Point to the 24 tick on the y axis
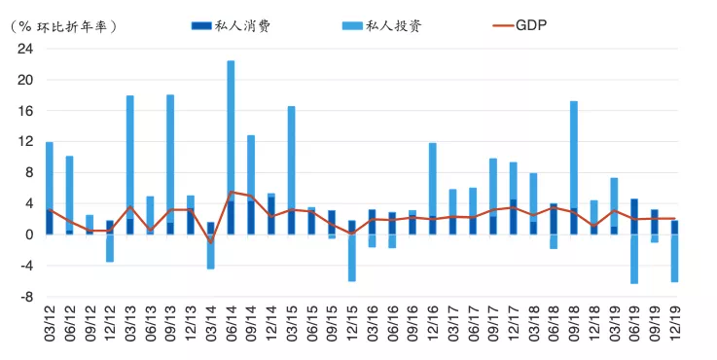pos(24,49)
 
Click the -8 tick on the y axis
pos(26,297)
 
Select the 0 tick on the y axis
pos(29,234)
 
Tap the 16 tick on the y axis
pos(24,111)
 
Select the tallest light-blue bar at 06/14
pos(231,126)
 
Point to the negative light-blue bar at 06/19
pos(634,259)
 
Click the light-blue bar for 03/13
pos(129,156)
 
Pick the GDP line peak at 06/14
pos(231,193)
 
